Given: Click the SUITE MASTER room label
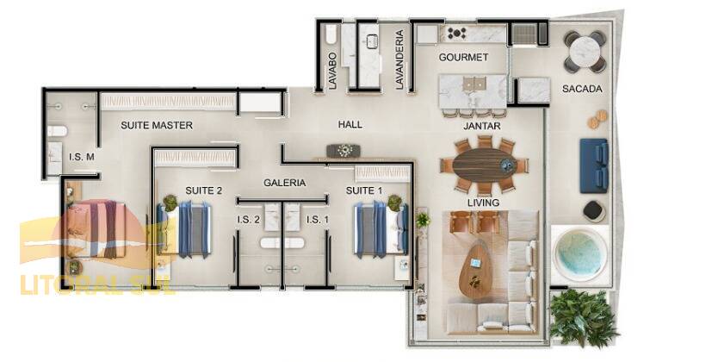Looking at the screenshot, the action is click(x=157, y=125).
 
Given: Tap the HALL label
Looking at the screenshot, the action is click(x=350, y=124).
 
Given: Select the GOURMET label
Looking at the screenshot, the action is click(x=463, y=57).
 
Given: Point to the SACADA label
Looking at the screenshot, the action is click(x=582, y=89).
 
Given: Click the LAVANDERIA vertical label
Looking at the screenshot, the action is click(x=399, y=59).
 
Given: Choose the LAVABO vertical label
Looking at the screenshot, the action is click(x=332, y=71).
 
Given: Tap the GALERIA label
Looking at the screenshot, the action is click(x=284, y=183).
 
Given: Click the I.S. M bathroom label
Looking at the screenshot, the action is click(x=82, y=157).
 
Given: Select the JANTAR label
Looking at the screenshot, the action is click(x=482, y=126).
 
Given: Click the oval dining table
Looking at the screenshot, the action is click(x=484, y=165).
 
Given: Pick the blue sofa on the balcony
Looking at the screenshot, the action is click(x=594, y=165).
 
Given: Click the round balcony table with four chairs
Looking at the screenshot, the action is click(x=585, y=52).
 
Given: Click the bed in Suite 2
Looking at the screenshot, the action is click(x=184, y=228).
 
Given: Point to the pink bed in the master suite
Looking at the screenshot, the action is click(x=96, y=228).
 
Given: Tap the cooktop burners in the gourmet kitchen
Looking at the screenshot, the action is click(x=456, y=33).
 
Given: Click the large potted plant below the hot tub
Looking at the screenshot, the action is click(x=582, y=317).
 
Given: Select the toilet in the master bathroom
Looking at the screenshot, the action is click(x=57, y=132).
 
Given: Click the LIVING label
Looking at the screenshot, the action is click(x=483, y=202).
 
